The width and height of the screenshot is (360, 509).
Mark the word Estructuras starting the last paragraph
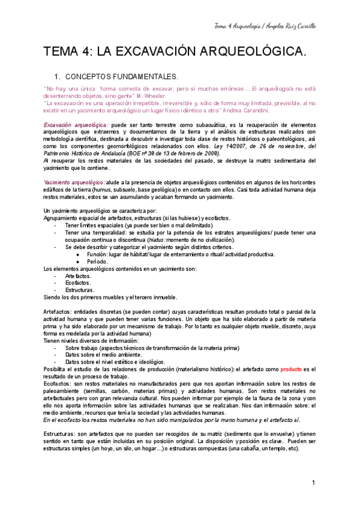61,433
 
